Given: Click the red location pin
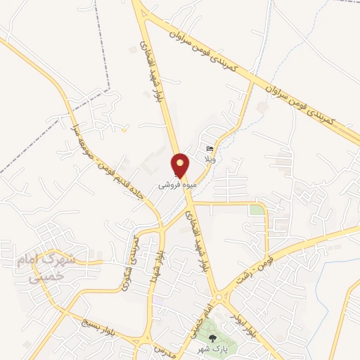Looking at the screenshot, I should click(x=181, y=165).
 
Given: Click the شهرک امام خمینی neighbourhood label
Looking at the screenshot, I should click(x=45, y=269).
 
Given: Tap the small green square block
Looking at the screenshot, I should click(x=257, y=210).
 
